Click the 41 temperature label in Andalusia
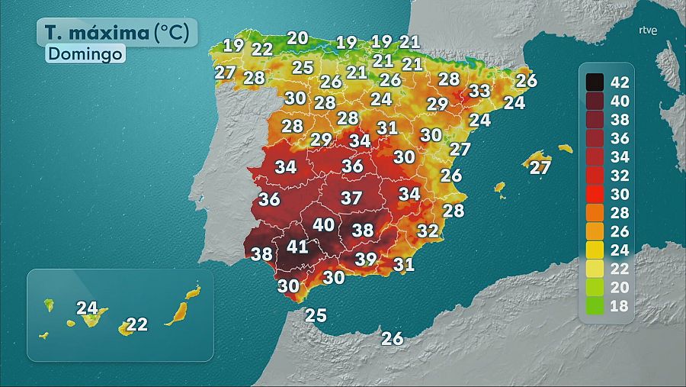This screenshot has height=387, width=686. pyautogui.click(x=297, y=247)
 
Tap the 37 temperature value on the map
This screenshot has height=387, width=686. pyautogui.click(x=351, y=198)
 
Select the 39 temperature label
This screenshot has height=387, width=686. pyautogui.click(x=366, y=259)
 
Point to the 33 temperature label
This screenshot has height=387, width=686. pyautogui.click(x=479, y=91)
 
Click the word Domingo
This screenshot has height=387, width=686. pyautogui.click(x=85, y=54)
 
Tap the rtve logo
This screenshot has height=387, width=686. pyautogui.click(x=648, y=31)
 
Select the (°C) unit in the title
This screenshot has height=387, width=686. pyautogui.click(x=175, y=32)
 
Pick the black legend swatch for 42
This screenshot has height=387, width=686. pyautogui.click(x=595, y=81)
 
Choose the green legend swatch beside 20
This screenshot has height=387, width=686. pyautogui.click(x=595, y=288)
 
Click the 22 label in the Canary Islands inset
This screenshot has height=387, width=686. pyautogui.click(x=136, y=324)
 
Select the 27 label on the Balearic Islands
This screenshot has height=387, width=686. pyautogui.click(x=540, y=167)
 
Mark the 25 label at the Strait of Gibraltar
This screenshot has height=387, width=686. pyautogui.click(x=316, y=314)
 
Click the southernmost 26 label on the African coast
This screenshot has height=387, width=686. pyautogui.click(x=392, y=338)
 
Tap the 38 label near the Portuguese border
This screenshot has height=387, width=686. pyautogui.click(x=261, y=254)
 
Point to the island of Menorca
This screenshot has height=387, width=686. pyautogui.click(x=565, y=148)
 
